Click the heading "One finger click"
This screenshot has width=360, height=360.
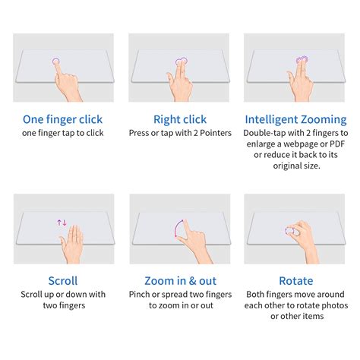(x=63, y=119)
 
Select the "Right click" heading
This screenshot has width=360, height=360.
(x=179, y=119)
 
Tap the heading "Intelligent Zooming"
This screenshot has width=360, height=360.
(x=295, y=119)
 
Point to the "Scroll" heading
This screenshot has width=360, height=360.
(x=63, y=280)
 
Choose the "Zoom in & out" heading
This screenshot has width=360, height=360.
(x=179, y=280)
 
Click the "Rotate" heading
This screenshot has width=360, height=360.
(x=295, y=280)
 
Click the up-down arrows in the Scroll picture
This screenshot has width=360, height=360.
(x=62, y=223)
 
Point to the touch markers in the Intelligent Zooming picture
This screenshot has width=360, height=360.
(x=301, y=60)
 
